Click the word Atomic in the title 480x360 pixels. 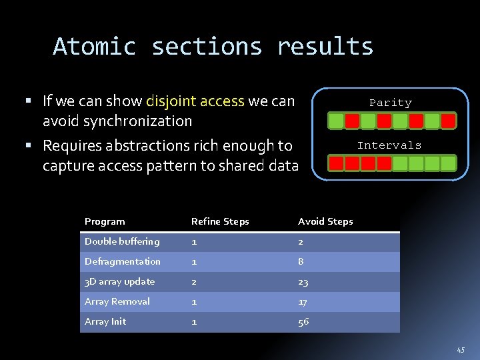point(94,47)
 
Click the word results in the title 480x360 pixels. point(325,47)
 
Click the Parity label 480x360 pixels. point(391,103)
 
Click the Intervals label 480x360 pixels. point(389,145)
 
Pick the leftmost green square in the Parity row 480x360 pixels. point(337,121)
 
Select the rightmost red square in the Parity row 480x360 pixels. point(448,121)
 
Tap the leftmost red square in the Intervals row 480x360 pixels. point(337,163)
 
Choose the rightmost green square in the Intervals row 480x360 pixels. point(448,163)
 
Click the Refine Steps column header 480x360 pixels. point(220,221)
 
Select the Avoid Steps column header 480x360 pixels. point(325,221)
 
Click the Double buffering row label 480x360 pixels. point(122,241)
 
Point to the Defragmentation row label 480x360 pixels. point(123,261)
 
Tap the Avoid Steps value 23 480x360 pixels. point(303,282)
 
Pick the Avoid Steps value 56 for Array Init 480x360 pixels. point(303,322)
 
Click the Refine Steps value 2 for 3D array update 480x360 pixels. point(195,282)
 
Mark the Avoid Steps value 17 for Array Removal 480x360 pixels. point(303,302)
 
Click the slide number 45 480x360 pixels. point(461,349)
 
